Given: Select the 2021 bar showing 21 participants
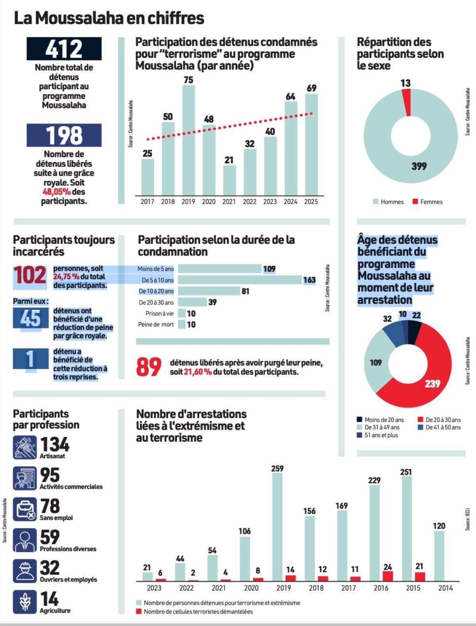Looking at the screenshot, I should coord(229,180).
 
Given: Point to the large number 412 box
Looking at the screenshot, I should coord(64,49).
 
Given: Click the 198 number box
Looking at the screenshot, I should coord(64,135).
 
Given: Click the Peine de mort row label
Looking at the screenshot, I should coord(156,325).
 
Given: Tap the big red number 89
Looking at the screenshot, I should coord(149,367).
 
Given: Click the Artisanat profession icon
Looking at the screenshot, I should coord(25,447).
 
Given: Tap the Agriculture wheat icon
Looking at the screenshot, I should coord(25,602).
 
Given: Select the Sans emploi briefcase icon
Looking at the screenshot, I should coord(25,509).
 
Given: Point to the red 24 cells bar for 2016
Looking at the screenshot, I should coord(388,576).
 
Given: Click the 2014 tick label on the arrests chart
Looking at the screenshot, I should coord(445,588).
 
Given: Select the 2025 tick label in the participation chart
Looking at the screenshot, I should coord(311,202).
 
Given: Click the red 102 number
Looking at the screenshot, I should coord(30,275).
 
